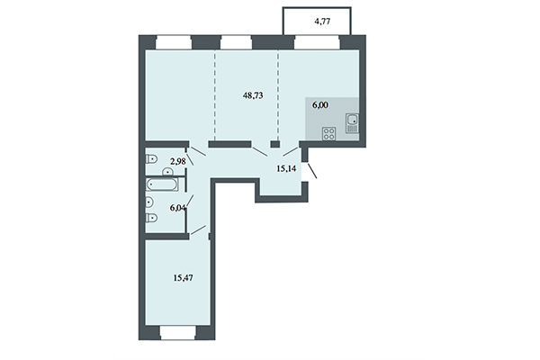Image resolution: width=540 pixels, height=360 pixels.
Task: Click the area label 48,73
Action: tap(256, 93)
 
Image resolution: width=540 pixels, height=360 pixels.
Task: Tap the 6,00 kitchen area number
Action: tap(321, 104)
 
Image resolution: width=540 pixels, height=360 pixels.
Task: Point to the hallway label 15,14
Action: tap(287, 166)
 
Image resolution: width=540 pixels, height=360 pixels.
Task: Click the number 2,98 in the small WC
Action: tap(177, 160)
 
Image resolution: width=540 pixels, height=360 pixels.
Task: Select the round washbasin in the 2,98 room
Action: tap(169, 168)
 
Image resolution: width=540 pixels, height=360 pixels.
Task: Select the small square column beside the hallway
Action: tap(276, 143)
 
